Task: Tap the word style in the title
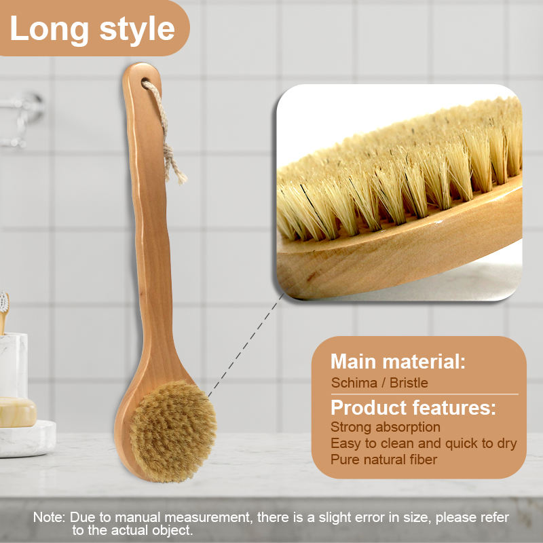click(136, 29)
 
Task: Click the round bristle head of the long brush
click(173, 432)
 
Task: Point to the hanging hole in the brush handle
click(147, 83)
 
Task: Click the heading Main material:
click(398, 361)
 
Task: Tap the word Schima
click(354, 383)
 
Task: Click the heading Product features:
click(413, 408)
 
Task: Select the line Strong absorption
click(386, 427)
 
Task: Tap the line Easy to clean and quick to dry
click(424, 443)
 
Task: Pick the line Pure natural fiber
click(384, 460)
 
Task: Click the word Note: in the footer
click(50, 517)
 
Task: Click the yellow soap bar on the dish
click(17, 412)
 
